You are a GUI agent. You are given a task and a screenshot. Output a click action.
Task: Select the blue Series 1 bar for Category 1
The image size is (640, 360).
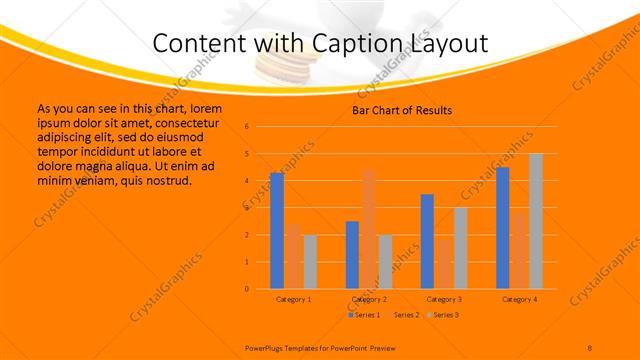(277, 231)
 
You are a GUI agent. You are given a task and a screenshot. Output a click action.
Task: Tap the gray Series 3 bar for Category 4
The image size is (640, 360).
(535, 221)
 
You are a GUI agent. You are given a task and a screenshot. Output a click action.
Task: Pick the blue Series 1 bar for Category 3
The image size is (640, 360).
(427, 241)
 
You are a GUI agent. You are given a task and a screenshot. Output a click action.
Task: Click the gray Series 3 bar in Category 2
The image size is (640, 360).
(385, 262)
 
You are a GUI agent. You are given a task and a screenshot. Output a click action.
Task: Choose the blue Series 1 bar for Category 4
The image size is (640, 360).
(502, 228)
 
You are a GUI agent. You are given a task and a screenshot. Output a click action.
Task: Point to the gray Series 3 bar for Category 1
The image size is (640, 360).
(310, 262)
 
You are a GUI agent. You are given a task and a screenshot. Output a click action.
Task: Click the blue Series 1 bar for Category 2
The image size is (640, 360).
(352, 255)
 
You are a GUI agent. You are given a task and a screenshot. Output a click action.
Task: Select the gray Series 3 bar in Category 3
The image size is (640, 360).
(460, 248)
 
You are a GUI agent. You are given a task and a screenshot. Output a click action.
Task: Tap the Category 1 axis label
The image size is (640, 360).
(294, 299)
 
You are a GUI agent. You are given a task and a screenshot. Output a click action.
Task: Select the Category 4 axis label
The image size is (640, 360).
(519, 299)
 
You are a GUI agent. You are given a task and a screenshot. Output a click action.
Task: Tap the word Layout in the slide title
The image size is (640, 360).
(442, 44)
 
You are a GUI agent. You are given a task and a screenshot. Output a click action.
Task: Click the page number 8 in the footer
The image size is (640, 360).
(590, 347)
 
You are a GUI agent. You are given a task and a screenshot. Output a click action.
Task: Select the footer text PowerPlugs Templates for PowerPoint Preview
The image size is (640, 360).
(315, 347)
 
